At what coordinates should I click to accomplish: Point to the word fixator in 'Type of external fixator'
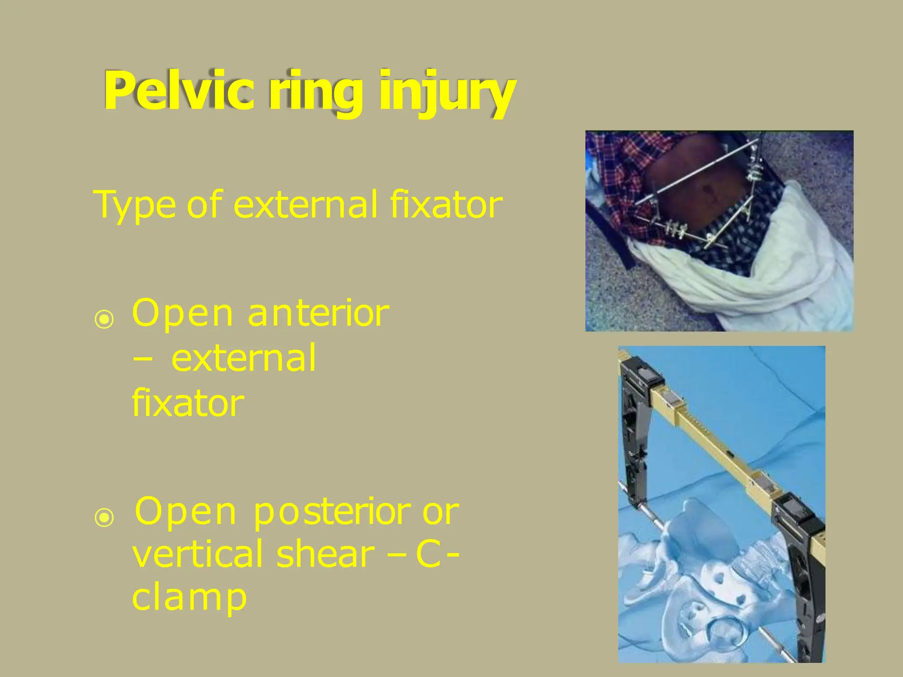(446, 205)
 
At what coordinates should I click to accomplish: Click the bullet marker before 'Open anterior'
(104, 320)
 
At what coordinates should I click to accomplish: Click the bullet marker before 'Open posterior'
(104, 518)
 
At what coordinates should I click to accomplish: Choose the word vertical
(199, 554)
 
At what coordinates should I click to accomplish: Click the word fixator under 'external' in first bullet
(188, 403)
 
